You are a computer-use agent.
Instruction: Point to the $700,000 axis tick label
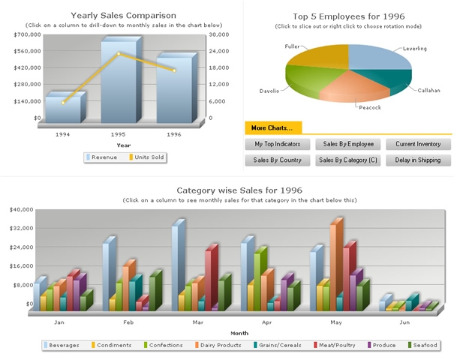click(x=27, y=34)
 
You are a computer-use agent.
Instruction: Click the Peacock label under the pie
click(x=370, y=107)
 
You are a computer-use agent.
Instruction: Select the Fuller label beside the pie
click(x=292, y=46)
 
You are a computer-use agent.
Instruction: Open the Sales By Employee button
click(x=348, y=143)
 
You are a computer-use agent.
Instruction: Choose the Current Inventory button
click(x=418, y=143)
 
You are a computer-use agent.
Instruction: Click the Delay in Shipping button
click(x=418, y=160)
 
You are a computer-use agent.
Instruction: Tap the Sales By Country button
click(x=278, y=160)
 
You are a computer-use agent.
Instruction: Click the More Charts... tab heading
click(x=272, y=127)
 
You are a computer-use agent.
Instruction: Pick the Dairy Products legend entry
click(x=220, y=345)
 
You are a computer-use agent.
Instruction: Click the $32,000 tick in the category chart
click(x=20, y=228)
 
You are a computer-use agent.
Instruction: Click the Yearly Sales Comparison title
click(x=124, y=15)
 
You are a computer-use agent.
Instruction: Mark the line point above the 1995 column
click(x=119, y=54)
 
